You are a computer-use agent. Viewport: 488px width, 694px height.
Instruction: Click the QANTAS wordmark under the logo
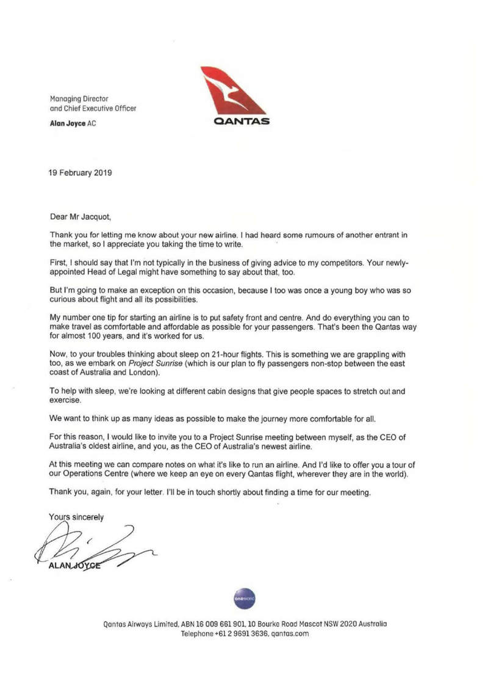click(x=241, y=122)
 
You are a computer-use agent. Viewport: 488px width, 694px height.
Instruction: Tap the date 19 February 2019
click(x=80, y=172)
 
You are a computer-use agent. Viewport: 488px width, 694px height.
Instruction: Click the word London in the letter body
click(x=138, y=373)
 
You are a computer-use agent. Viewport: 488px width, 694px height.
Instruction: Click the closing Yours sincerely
click(x=76, y=516)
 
